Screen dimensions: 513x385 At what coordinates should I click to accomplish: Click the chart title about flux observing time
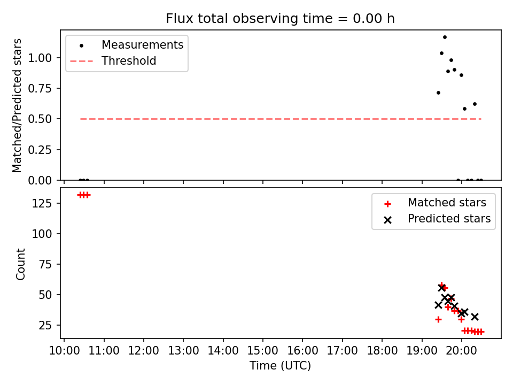point(280,18)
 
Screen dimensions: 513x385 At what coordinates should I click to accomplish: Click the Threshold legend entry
point(113,61)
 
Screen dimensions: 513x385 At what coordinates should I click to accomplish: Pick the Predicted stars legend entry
point(437,219)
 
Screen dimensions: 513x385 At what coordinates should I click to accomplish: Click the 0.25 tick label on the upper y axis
point(40,150)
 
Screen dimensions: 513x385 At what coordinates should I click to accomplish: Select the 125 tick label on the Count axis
point(42,203)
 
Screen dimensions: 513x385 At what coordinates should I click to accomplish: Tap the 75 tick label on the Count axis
point(45,265)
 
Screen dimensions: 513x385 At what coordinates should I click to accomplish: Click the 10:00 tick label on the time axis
point(64,351)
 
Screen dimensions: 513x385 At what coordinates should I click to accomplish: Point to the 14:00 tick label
point(223,351)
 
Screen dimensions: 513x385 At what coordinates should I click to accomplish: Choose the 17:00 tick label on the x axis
point(343,351)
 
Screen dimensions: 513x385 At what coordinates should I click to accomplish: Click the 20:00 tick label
point(462,351)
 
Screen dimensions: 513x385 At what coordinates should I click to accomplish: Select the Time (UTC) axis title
point(281,366)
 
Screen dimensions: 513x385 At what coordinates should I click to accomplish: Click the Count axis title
point(21,264)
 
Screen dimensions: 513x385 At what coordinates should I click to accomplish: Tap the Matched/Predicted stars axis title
point(17,105)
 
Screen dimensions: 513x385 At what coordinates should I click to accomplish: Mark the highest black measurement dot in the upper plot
point(445,37)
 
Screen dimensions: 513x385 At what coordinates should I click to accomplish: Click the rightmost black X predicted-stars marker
point(475,317)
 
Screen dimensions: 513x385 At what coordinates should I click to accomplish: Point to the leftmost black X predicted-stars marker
point(438,305)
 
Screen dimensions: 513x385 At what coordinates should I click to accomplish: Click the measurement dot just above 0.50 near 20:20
point(475,104)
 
